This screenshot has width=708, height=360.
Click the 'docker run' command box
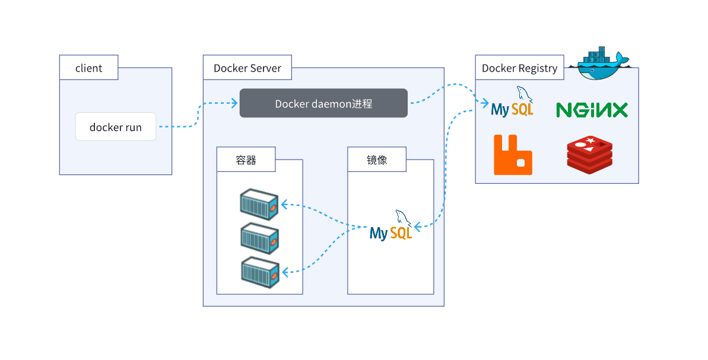coord(116,127)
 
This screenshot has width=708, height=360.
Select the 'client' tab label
coord(88,68)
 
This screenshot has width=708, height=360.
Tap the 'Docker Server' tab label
coord(247,68)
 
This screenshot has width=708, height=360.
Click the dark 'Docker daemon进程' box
coord(323,103)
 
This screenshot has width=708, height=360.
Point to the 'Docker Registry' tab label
coord(519,68)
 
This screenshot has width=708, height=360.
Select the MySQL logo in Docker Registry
coord(512,103)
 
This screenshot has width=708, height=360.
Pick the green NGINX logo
coord(592,110)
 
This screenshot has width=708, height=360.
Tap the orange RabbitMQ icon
coord(513,155)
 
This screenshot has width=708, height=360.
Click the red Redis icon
coord(589,155)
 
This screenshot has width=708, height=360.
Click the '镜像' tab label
coord(377,160)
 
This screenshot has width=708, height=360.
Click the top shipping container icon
coord(259,205)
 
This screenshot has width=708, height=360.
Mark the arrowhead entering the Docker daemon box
coord(235,103)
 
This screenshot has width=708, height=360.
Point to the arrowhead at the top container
coord(284,205)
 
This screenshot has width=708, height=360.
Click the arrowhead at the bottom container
coord(285,272)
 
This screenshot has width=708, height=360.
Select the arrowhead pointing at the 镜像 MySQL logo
coord(417,227)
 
